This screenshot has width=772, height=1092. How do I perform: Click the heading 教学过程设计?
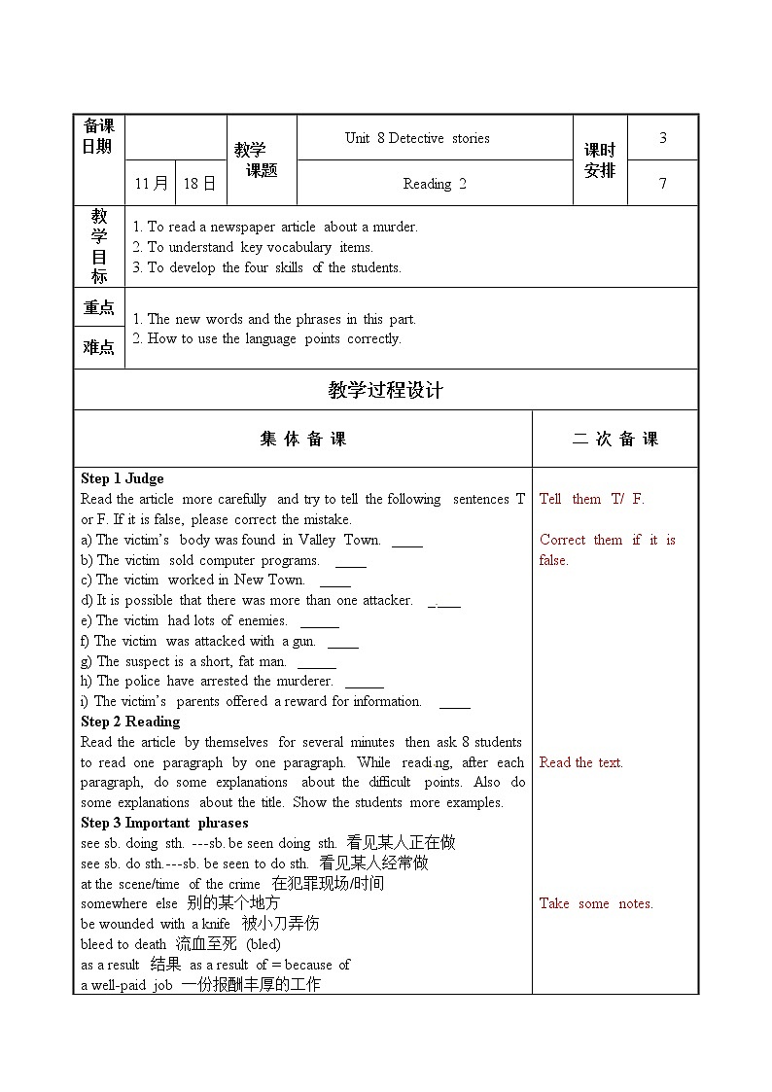[386, 390]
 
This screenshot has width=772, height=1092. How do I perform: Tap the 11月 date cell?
[151, 183]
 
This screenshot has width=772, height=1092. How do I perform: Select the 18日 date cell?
[200, 183]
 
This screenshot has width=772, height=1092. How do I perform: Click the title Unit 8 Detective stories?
[417, 138]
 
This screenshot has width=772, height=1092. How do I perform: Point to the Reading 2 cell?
[435, 184]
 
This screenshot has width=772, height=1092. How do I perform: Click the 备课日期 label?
[98, 136]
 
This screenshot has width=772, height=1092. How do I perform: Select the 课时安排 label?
[600, 160]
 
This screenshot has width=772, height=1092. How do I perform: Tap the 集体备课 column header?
[302, 440]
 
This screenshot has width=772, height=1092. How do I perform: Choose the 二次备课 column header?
[614, 440]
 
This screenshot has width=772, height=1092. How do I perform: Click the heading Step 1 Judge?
[123, 478]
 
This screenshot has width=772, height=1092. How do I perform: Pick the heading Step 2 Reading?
[130, 722]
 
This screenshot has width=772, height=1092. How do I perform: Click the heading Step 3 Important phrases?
[164, 823]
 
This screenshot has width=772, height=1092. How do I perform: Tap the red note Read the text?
[580, 762]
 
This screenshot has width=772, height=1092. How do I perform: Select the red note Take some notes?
[596, 903]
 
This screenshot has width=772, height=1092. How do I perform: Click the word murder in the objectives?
[395, 227]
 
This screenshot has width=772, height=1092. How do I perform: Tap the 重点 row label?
[99, 308]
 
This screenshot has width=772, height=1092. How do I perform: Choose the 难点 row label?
[99, 347]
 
